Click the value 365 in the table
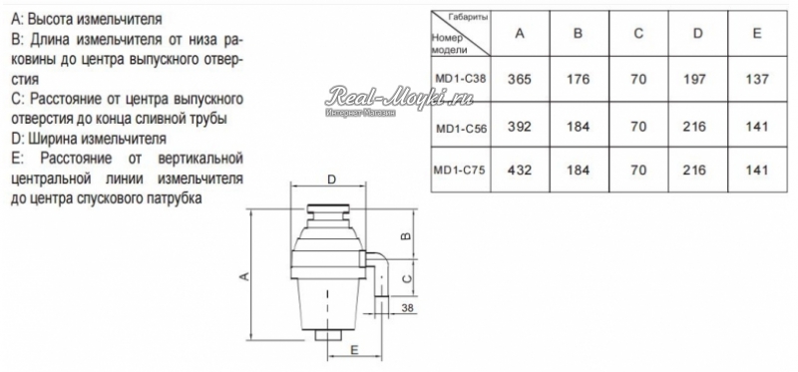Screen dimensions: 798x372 [x=519, y=80]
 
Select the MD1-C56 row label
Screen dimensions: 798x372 [x=461, y=129]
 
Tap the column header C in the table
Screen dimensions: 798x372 [x=638, y=34]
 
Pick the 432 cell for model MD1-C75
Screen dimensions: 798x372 [x=519, y=170]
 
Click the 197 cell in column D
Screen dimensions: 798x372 [x=697, y=80]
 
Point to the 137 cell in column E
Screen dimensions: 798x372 [x=757, y=80]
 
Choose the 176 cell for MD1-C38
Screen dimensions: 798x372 [x=579, y=80]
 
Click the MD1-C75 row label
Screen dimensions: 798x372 [x=460, y=170]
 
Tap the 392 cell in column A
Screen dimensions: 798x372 [x=519, y=127]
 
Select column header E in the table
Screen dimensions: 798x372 [x=757, y=34]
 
